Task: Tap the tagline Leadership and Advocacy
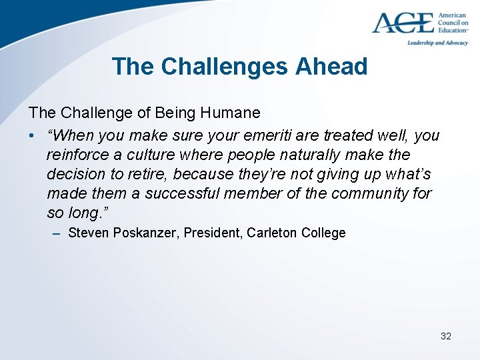click(x=438, y=42)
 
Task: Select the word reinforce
click(x=75, y=155)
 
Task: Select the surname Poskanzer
click(x=141, y=233)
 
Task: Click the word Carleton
click(x=273, y=233)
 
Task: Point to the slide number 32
click(x=446, y=336)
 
